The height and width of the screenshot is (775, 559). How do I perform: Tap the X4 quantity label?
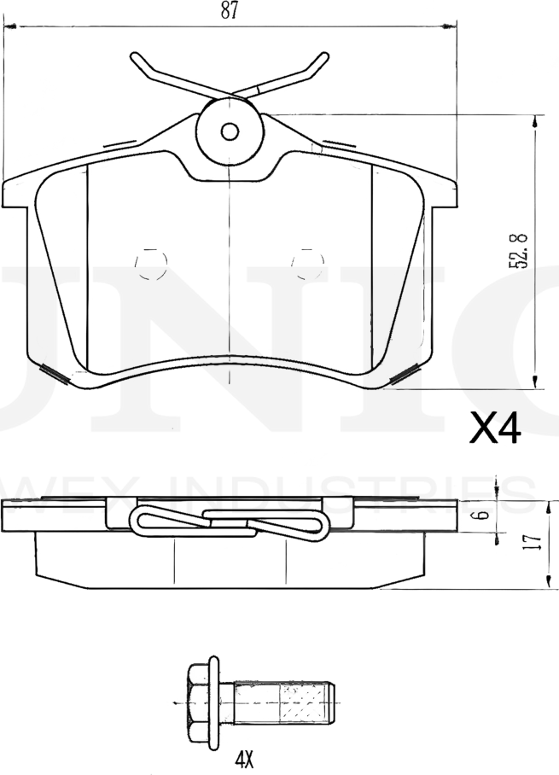click(495, 429)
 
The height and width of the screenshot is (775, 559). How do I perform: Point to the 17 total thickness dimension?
click(532, 541)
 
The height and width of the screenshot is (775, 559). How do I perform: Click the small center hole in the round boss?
click(229, 131)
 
